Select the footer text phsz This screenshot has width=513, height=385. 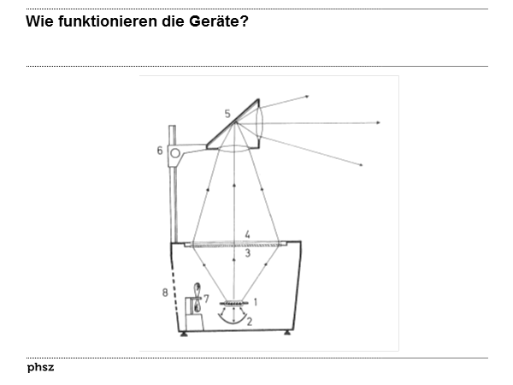[x=40, y=367]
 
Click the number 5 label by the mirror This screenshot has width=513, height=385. [x=227, y=113]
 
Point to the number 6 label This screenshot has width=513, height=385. [x=160, y=151]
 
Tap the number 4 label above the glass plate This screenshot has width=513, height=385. [x=247, y=234]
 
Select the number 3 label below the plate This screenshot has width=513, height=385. [x=247, y=253]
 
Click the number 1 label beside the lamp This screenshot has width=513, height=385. [x=255, y=301]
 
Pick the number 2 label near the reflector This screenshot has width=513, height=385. [x=249, y=322]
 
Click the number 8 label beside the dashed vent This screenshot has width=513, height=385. [x=164, y=293]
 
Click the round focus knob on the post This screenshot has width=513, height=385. [x=175, y=154]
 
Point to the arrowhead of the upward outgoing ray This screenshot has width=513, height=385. [x=306, y=97]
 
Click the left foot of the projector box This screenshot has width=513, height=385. [x=183, y=334]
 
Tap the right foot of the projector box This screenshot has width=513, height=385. [x=287, y=334]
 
